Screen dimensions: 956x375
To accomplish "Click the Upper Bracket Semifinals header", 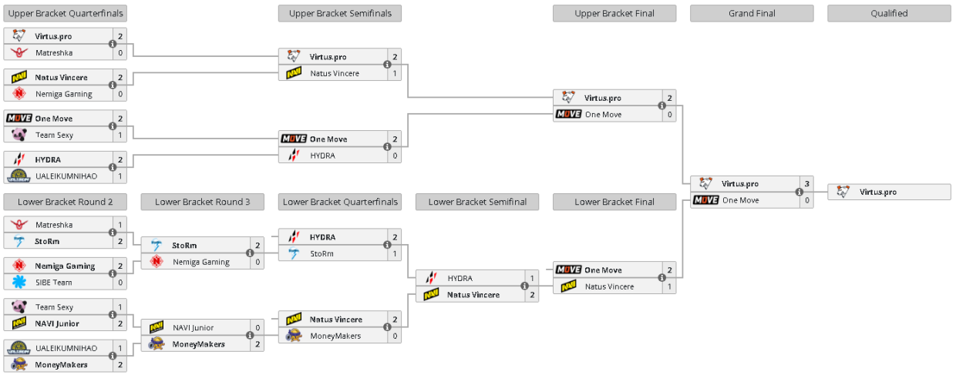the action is tap(340, 14).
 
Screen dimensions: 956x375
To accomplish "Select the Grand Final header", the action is tap(752, 14).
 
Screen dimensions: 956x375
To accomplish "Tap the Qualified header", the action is tap(889, 14).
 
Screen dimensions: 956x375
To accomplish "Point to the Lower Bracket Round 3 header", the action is tap(202, 202).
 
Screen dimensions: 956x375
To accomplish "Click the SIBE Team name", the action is tap(54, 283).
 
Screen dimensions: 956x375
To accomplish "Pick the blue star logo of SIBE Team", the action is tap(19, 282).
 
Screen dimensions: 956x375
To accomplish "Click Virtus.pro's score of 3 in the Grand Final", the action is tap(806, 184).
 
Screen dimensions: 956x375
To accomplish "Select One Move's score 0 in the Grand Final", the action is tap(806, 200).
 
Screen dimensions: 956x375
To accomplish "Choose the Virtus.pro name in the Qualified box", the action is tap(878, 193).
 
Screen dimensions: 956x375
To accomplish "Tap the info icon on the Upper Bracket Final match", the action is tap(662, 105).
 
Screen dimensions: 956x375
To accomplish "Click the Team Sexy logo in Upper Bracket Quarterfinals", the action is tap(19, 135).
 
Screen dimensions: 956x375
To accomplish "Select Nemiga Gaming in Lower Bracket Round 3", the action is tap(201, 262).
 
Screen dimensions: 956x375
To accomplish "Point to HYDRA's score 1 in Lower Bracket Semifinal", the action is tap(532, 278).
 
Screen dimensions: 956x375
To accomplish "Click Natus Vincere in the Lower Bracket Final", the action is tap(609, 286).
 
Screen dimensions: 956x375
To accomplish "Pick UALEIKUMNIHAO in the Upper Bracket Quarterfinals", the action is tap(66, 176).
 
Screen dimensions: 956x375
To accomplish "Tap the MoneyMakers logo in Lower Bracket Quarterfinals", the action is tap(294, 336).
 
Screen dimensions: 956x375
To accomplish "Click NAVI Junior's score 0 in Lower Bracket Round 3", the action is tap(258, 328).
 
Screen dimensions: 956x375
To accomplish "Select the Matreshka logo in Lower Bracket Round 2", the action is tap(19, 225).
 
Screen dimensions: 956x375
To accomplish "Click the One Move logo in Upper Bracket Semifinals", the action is tap(294, 139).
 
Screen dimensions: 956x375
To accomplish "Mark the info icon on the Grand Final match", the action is tap(799, 192).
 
